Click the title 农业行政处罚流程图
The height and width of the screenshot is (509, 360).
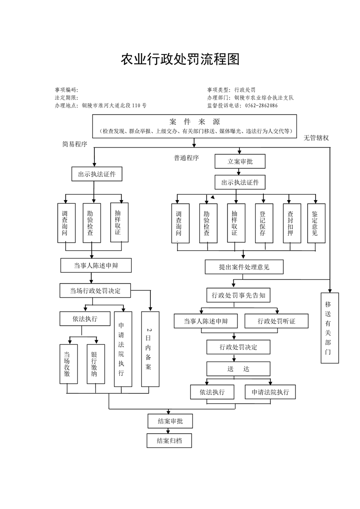pyautogui.click(x=180, y=59)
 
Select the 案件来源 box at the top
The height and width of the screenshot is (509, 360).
pyautogui.click(x=194, y=126)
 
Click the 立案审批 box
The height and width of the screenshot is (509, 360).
pyautogui.click(x=240, y=162)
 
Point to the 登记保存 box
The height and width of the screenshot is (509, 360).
pyautogui.click(x=262, y=224)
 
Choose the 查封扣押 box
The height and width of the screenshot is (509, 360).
pyautogui.click(x=290, y=224)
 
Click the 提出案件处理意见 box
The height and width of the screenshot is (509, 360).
pyautogui.click(x=244, y=267)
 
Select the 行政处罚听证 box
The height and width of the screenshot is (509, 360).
pyautogui.click(x=276, y=321)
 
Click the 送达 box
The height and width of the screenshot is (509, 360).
pyautogui.click(x=238, y=368)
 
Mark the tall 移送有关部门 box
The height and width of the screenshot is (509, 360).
pyautogui.click(x=330, y=327)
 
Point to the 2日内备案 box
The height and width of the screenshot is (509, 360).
pyautogui.click(x=150, y=348)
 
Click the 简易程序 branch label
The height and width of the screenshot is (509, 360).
pyautogui.click(x=74, y=144)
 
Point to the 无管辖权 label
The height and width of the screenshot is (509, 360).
pyautogui.click(x=316, y=137)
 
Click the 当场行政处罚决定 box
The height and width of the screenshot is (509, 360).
pyautogui.click(x=95, y=290)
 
